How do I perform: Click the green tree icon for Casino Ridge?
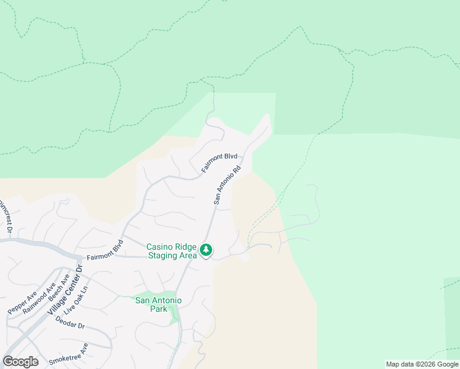[x=206, y=250]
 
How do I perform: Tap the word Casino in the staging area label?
[x=160, y=247]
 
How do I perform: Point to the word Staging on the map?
[x=162, y=255]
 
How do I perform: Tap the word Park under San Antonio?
[x=159, y=309]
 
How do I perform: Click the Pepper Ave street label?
[x=22, y=303]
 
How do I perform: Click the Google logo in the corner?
[x=20, y=362]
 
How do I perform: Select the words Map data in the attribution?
[x=400, y=365]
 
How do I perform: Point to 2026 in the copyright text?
[x=428, y=365]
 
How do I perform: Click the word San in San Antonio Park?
[x=143, y=300]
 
